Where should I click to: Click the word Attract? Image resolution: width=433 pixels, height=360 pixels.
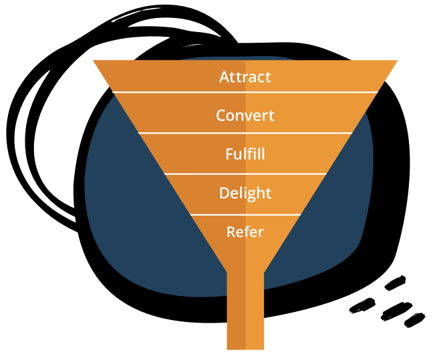click(x=245, y=77)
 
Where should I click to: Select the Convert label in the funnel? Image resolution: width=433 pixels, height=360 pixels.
click(x=245, y=116)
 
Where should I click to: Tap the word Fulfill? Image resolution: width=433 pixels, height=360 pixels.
click(x=245, y=154)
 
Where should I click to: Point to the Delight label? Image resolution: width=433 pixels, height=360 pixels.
click(x=245, y=193)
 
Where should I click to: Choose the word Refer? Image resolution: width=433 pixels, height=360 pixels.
click(x=245, y=232)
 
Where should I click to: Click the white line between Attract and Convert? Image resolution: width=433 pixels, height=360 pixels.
click(x=245, y=92)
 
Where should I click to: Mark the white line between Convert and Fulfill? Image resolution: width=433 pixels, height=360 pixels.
click(x=245, y=133)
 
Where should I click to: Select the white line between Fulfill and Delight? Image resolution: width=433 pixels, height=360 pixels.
click(x=245, y=174)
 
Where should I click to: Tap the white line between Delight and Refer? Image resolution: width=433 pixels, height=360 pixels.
click(x=245, y=214)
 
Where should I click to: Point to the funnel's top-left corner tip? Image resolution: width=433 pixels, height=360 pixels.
click(x=95, y=61)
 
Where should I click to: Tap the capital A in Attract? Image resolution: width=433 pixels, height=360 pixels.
click(x=225, y=77)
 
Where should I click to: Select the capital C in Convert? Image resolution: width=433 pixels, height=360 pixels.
click(x=221, y=116)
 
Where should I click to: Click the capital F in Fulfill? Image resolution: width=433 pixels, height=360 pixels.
click(x=229, y=154)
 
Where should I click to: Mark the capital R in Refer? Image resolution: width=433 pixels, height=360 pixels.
click(x=231, y=232)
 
